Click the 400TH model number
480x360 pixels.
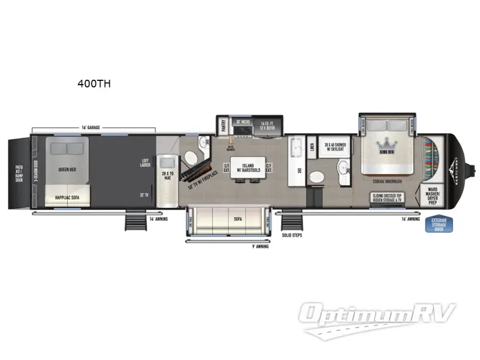click(x=94, y=84)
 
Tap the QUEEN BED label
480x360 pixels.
click(x=67, y=169)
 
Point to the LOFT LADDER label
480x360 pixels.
click(x=145, y=163)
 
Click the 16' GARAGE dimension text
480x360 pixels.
click(x=91, y=128)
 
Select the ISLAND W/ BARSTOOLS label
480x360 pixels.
click(x=248, y=168)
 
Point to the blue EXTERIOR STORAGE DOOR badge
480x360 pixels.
click(x=443, y=224)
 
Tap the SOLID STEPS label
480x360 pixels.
click(x=292, y=235)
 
